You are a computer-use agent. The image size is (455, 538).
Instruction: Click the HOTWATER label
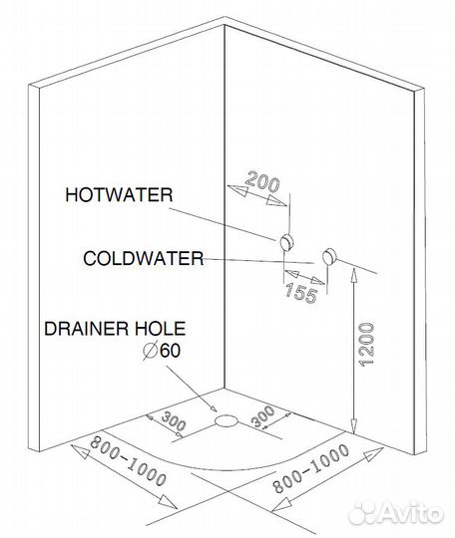(x=119, y=195)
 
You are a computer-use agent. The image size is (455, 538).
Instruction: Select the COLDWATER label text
(x=144, y=258)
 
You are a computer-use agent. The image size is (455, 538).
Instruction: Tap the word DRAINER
(x=86, y=329)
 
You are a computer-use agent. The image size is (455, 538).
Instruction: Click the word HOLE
(x=160, y=329)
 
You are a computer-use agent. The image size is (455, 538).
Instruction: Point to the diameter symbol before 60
(x=150, y=351)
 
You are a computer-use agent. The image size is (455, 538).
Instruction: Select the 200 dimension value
(x=262, y=181)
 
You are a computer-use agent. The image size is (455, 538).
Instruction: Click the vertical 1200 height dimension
(x=366, y=344)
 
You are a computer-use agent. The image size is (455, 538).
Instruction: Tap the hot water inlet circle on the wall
(x=286, y=243)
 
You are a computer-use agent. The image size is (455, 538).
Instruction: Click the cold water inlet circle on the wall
(x=329, y=256)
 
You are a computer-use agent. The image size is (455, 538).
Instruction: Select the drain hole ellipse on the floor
(x=226, y=420)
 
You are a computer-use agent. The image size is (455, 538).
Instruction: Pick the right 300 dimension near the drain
(x=262, y=416)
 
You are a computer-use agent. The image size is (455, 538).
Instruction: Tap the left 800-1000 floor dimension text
(x=128, y=461)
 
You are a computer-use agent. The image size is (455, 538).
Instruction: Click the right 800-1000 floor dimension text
(x=310, y=468)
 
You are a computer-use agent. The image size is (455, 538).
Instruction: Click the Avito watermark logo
(x=395, y=513)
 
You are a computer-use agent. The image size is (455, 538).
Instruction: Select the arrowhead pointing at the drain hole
(x=214, y=408)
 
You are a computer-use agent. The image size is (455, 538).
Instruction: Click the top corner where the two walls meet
(x=225, y=24)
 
